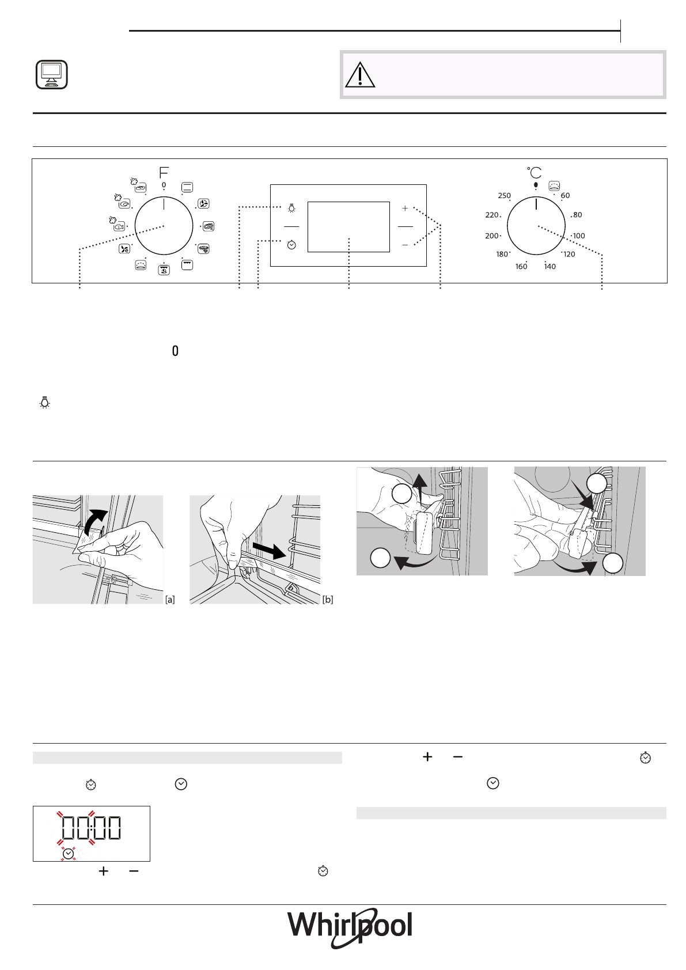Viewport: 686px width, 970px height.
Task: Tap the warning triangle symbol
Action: click(x=360, y=75)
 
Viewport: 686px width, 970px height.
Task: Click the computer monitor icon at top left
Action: click(x=51, y=75)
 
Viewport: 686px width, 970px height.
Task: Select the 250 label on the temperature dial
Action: click(x=504, y=196)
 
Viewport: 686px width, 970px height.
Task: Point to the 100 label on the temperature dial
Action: click(x=579, y=236)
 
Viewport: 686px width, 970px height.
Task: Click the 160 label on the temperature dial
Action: click(x=521, y=267)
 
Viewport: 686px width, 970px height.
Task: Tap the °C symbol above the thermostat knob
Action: click(x=535, y=172)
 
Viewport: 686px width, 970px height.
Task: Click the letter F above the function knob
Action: click(x=164, y=172)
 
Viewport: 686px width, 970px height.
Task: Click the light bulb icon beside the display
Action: click(x=291, y=207)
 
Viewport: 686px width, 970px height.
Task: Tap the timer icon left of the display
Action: click(x=291, y=245)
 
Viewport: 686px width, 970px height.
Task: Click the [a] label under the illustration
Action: click(x=170, y=600)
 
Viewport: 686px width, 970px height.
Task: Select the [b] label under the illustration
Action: click(x=328, y=600)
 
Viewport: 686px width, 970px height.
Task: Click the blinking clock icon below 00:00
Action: click(x=69, y=853)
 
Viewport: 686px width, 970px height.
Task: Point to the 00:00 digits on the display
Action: click(x=92, y=828)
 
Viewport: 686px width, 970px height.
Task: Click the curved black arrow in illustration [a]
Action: click(x=94, y=521)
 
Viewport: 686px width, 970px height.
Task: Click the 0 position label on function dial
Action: click(x=164, y=185)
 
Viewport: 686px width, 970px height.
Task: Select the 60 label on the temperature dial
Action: click(x=566, y=196)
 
